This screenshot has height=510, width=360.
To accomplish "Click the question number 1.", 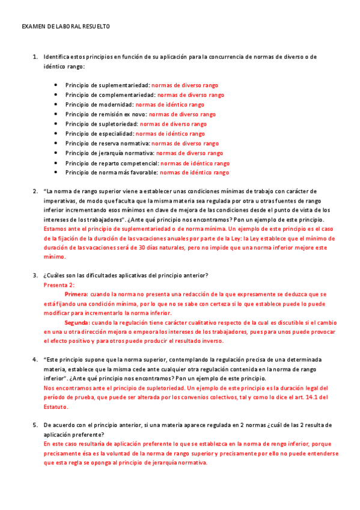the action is point(35,57).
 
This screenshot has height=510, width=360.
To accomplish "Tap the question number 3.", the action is point(35,275).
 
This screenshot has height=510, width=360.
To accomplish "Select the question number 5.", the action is point(35,425).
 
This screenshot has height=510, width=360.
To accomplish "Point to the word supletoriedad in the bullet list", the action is point(118,124).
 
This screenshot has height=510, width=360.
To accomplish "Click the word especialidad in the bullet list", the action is point(117,134).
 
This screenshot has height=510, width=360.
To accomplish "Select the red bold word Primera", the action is point(76,295).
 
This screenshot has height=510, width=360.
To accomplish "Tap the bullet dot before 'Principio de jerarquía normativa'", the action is point(56,153).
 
